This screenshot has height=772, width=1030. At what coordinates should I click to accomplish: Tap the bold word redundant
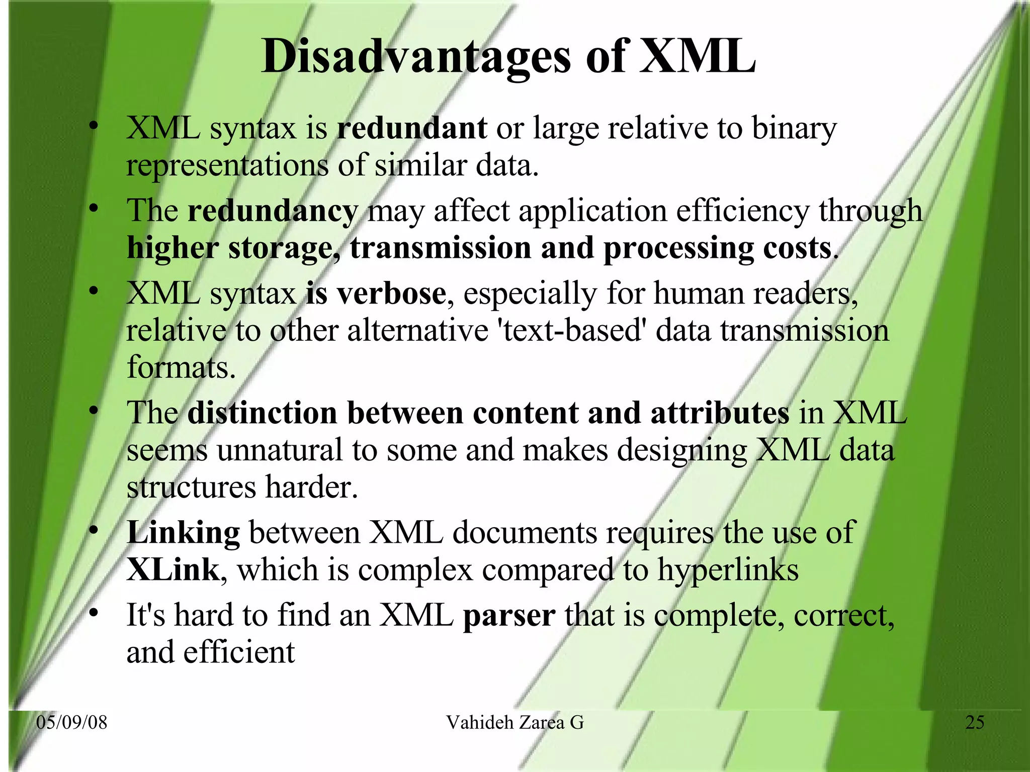pyautogui.click(x=411, y=128)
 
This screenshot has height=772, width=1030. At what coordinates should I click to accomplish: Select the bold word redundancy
pyautogui.click(x=272, y=211)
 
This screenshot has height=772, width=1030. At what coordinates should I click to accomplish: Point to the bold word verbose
pyautogui.click(x=391, y=293)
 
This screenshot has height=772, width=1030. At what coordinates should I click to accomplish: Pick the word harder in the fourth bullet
pyautogui.click(x=311, y=487)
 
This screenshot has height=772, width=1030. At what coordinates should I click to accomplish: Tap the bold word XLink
pyautogui.click(x=173, y=569)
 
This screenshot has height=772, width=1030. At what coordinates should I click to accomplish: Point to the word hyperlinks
pyautogui.click(x=728, y=570)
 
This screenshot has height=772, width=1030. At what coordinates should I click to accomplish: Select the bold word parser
pyautogui.click(x=509, y=615)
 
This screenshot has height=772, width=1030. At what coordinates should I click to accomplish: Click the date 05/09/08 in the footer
pyautogui.click(x=72, y=722)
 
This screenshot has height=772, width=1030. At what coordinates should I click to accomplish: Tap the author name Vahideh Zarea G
pyautogui.click(x=514, y=722)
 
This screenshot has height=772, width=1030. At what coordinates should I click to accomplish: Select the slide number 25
pyautogui.click(x=975, y=722)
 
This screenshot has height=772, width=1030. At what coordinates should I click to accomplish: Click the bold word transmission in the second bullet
pyautogui.click(x=440, y=248)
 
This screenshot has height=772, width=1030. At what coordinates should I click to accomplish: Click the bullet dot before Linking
pyautogui.click(x=93, y=530)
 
